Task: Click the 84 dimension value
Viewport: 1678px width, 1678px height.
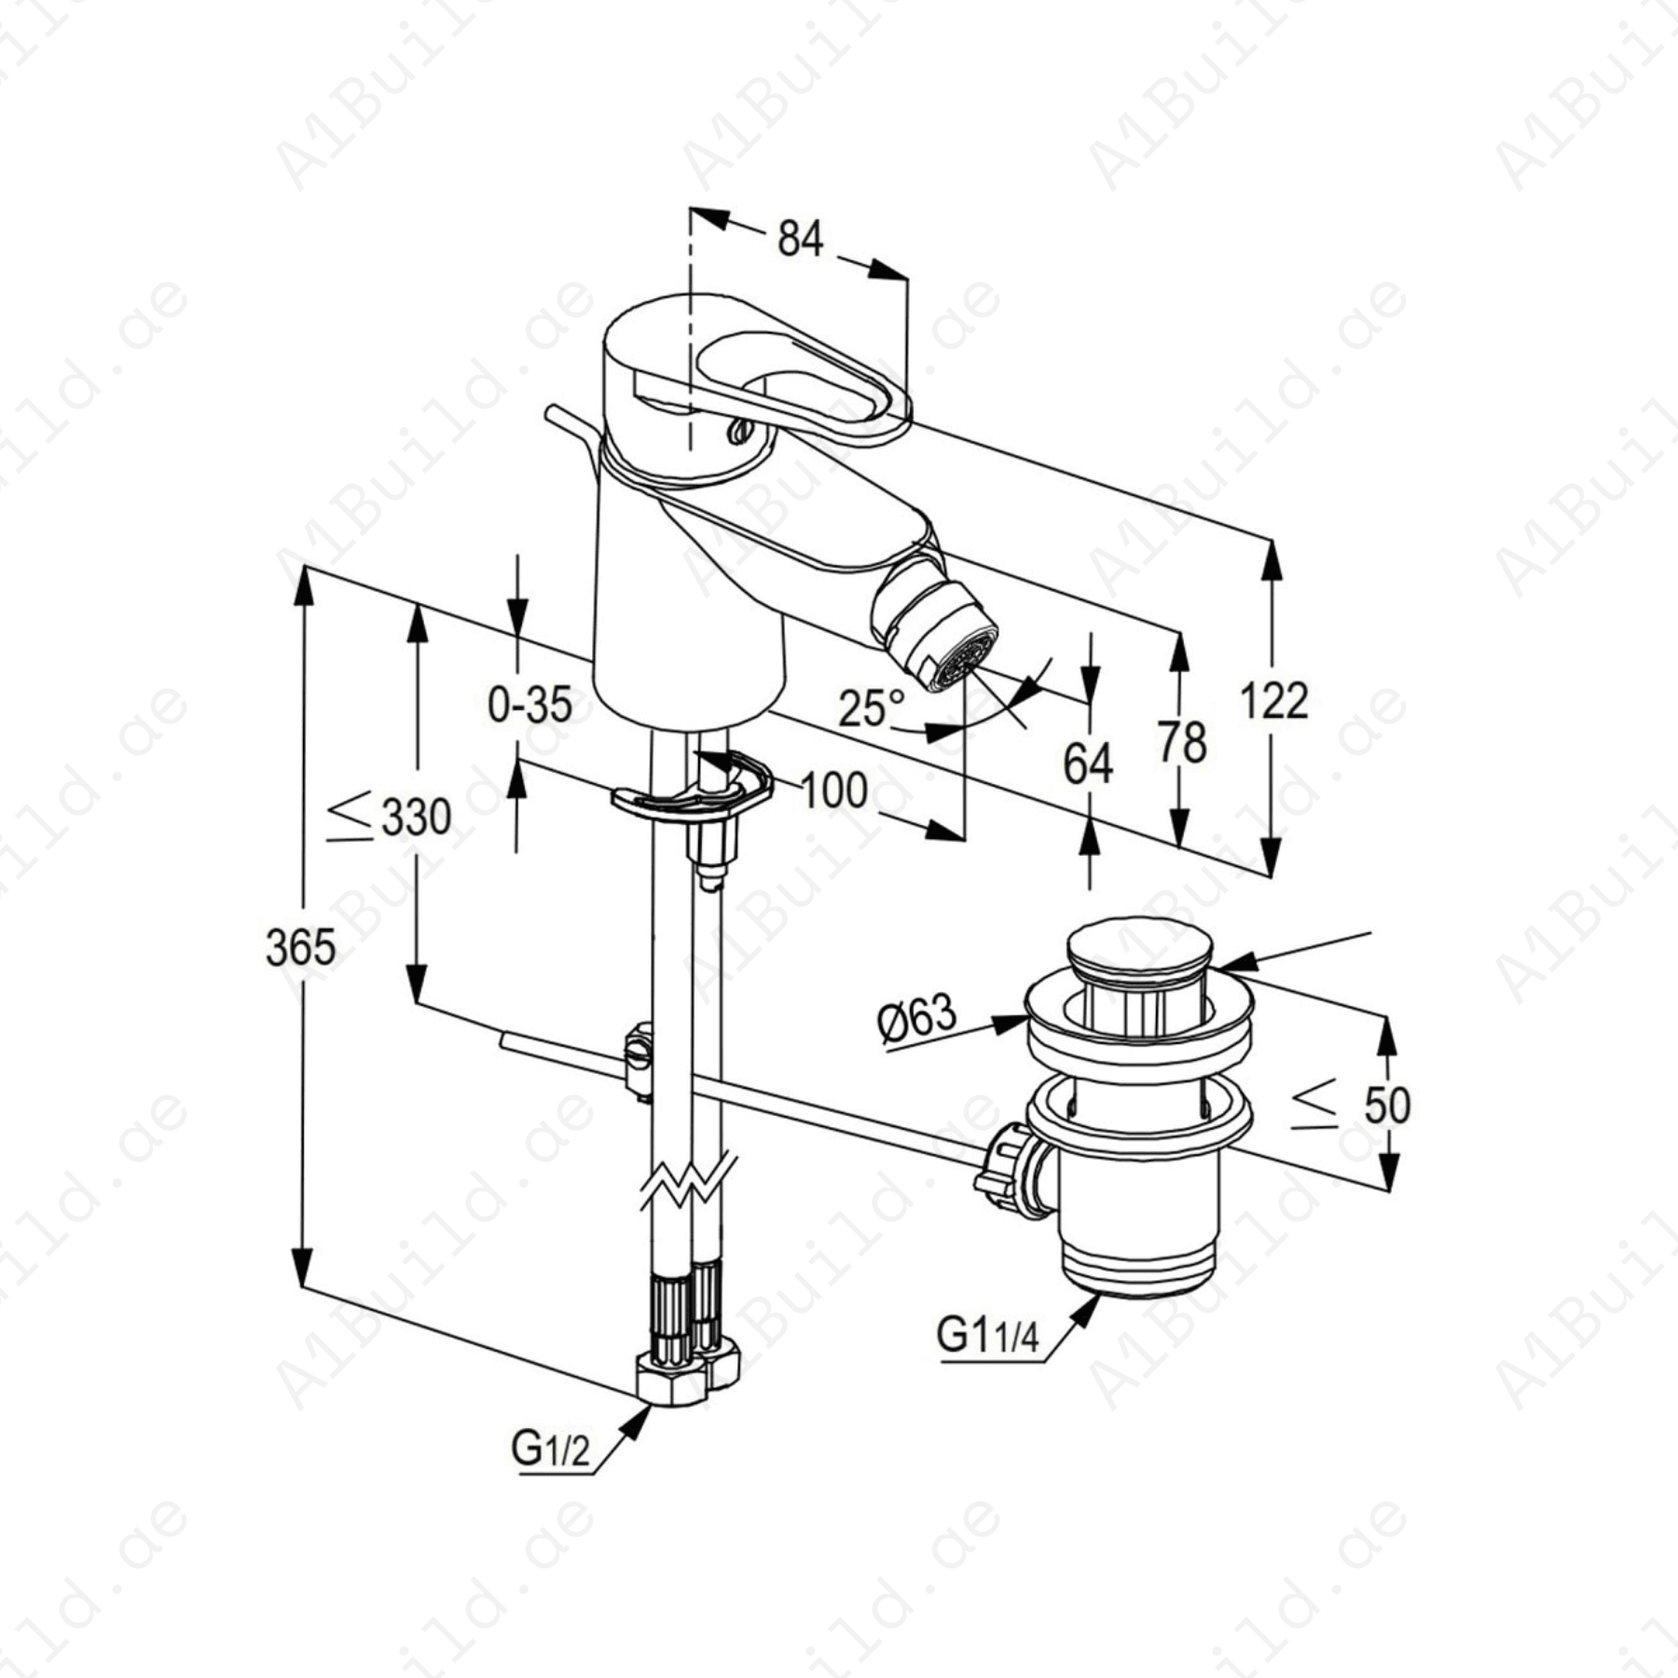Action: pos(800,240)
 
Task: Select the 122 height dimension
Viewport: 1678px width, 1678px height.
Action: pos(1274,701)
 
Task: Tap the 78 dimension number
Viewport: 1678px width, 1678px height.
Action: pos(1182,743)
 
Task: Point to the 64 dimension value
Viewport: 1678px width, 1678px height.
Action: pos(1088,764)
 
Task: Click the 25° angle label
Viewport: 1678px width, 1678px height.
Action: pos(872,708)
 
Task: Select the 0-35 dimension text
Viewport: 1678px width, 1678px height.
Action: pos(530,705)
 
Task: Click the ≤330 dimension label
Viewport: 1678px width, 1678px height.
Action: pos(390,817)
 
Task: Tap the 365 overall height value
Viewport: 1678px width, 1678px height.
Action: pos(300,949)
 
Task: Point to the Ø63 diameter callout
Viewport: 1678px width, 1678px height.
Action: pos(917,1017)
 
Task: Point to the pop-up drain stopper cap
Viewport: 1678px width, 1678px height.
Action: pos(1139,947)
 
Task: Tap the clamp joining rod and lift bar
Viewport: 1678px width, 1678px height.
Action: pos(638,1058)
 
